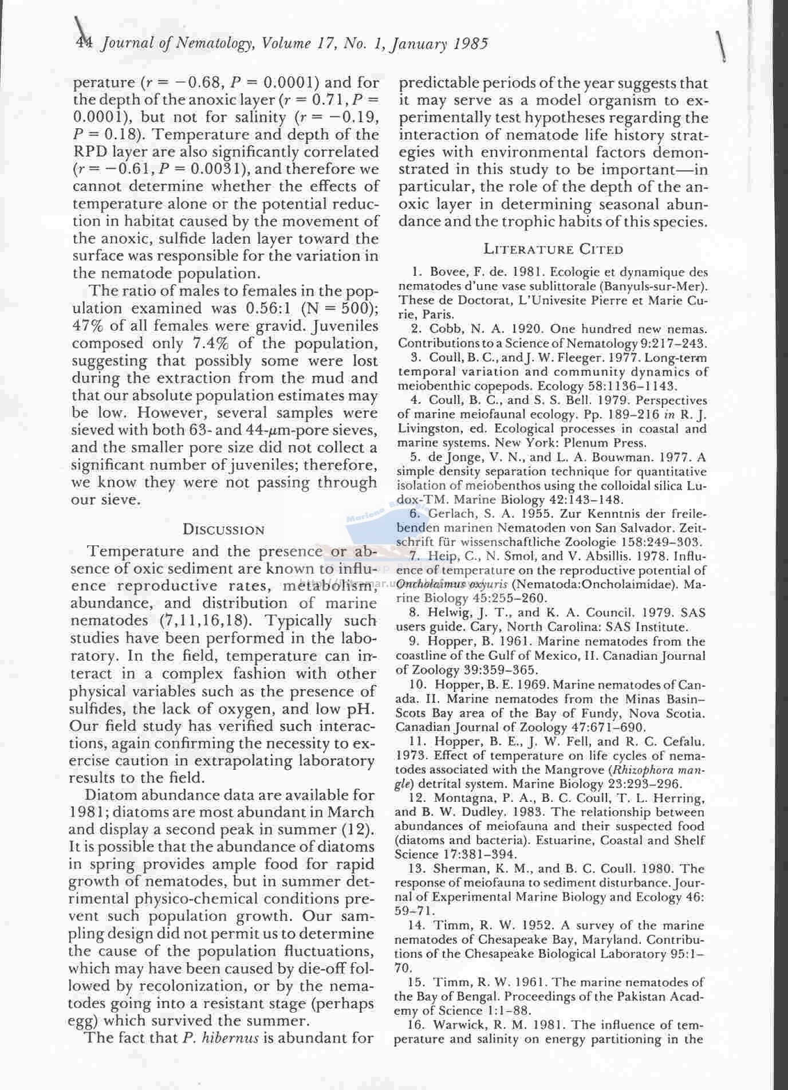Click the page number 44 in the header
(x=85, y=44)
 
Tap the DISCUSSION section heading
(x=223, y=530)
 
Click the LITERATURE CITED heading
(x=553, y=249)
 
